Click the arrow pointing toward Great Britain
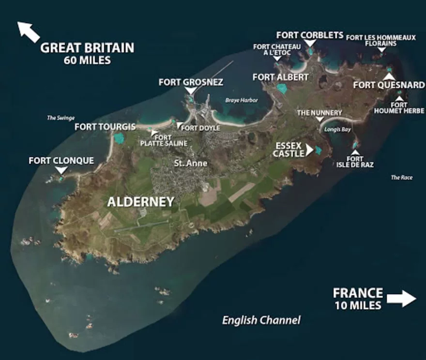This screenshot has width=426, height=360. (x=29, y=31)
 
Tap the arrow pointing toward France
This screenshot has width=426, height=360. (x=401, y=299)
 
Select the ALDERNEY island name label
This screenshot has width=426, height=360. (x=140, y=202)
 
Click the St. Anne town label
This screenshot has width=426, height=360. (x=191, y=164)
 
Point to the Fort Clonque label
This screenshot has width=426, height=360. (x=61, y=160)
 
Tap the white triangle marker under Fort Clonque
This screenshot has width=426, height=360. (x=61, y=170)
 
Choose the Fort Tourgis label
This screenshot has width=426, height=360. (x=105, y=127)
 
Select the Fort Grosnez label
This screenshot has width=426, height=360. (x=191, y=82)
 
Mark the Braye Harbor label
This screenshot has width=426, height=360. (x=242, y=101)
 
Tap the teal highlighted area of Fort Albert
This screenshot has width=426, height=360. (x=282, y=89)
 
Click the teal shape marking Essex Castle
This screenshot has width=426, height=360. (x=319, y=150)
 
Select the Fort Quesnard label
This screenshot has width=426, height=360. (x=389, y=85)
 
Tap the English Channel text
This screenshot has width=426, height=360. (x=261, y=320)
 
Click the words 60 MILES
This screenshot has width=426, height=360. (x=87, y=60)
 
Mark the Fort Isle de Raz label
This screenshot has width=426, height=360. (x=355, y=162)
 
